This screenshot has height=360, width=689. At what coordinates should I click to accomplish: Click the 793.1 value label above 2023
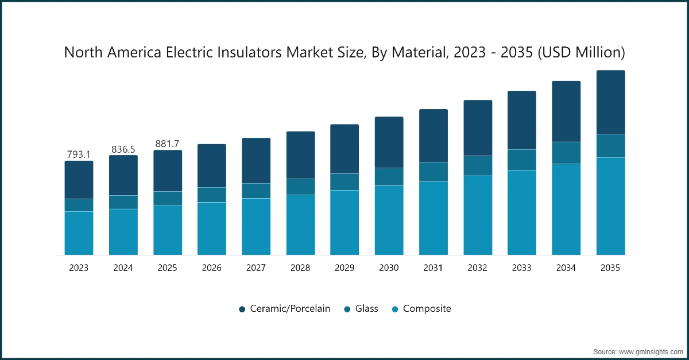(x=79, y=154)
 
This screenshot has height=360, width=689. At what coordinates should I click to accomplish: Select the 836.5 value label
(x=123, y=149)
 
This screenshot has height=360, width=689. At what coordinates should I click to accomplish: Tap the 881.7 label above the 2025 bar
(x=168, y=144)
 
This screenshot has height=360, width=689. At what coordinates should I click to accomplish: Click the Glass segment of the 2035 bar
(x=610, y=146)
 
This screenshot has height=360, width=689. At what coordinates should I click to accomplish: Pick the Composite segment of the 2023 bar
(x=79, y=233)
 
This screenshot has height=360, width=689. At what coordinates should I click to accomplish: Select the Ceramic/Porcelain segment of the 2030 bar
(x=389, y=142)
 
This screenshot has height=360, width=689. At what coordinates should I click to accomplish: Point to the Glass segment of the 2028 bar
(x=301, y=187)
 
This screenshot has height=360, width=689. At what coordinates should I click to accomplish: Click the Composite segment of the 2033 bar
(x=522, y=212)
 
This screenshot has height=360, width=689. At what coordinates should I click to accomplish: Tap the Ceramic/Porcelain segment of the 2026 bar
(x=212, y=165)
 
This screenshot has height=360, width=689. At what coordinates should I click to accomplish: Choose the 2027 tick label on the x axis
(x=256, y=268)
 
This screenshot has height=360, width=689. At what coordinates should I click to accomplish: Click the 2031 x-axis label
(x=433, y=268)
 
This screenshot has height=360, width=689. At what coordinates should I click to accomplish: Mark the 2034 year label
(x=566, y=268)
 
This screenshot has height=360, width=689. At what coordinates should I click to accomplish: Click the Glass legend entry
(x=366, y=309)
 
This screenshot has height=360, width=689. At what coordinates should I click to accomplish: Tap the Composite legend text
(x=427, y=309)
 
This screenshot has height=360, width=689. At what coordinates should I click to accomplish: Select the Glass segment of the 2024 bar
(x=123, y=202)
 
